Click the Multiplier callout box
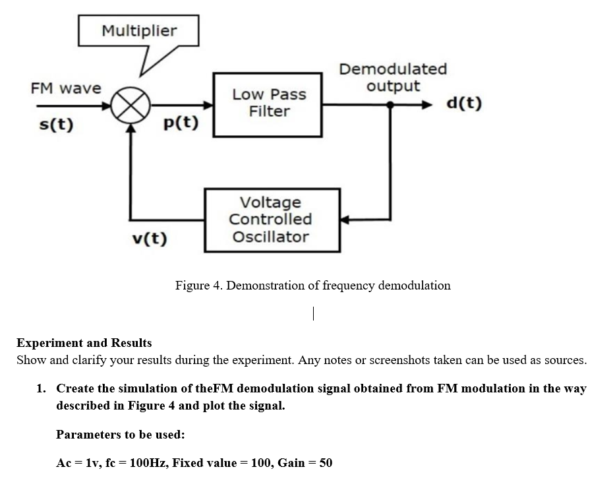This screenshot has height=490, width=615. click(x=138, y=31)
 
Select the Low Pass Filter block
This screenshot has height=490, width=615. click(x=268, y=104)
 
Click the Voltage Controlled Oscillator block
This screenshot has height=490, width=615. click(x=272, y=220)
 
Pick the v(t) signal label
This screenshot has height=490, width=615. click(x=148, y=238)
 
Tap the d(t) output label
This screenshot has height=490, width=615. click(x=463, y=104)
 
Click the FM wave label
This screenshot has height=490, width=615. click(x=66, y=88)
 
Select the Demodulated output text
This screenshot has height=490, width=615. click(x=393, y=77)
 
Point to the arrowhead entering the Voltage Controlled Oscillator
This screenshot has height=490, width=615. click(x=345, y=220)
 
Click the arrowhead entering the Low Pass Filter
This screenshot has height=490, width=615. click(x=209, y=105)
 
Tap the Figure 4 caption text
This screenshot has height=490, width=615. click(x=312, y=286)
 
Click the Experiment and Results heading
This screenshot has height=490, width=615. click(x=84, y=343)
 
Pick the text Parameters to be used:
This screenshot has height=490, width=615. click(x=120, y=435)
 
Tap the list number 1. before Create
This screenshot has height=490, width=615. click(x=41, y=388)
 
